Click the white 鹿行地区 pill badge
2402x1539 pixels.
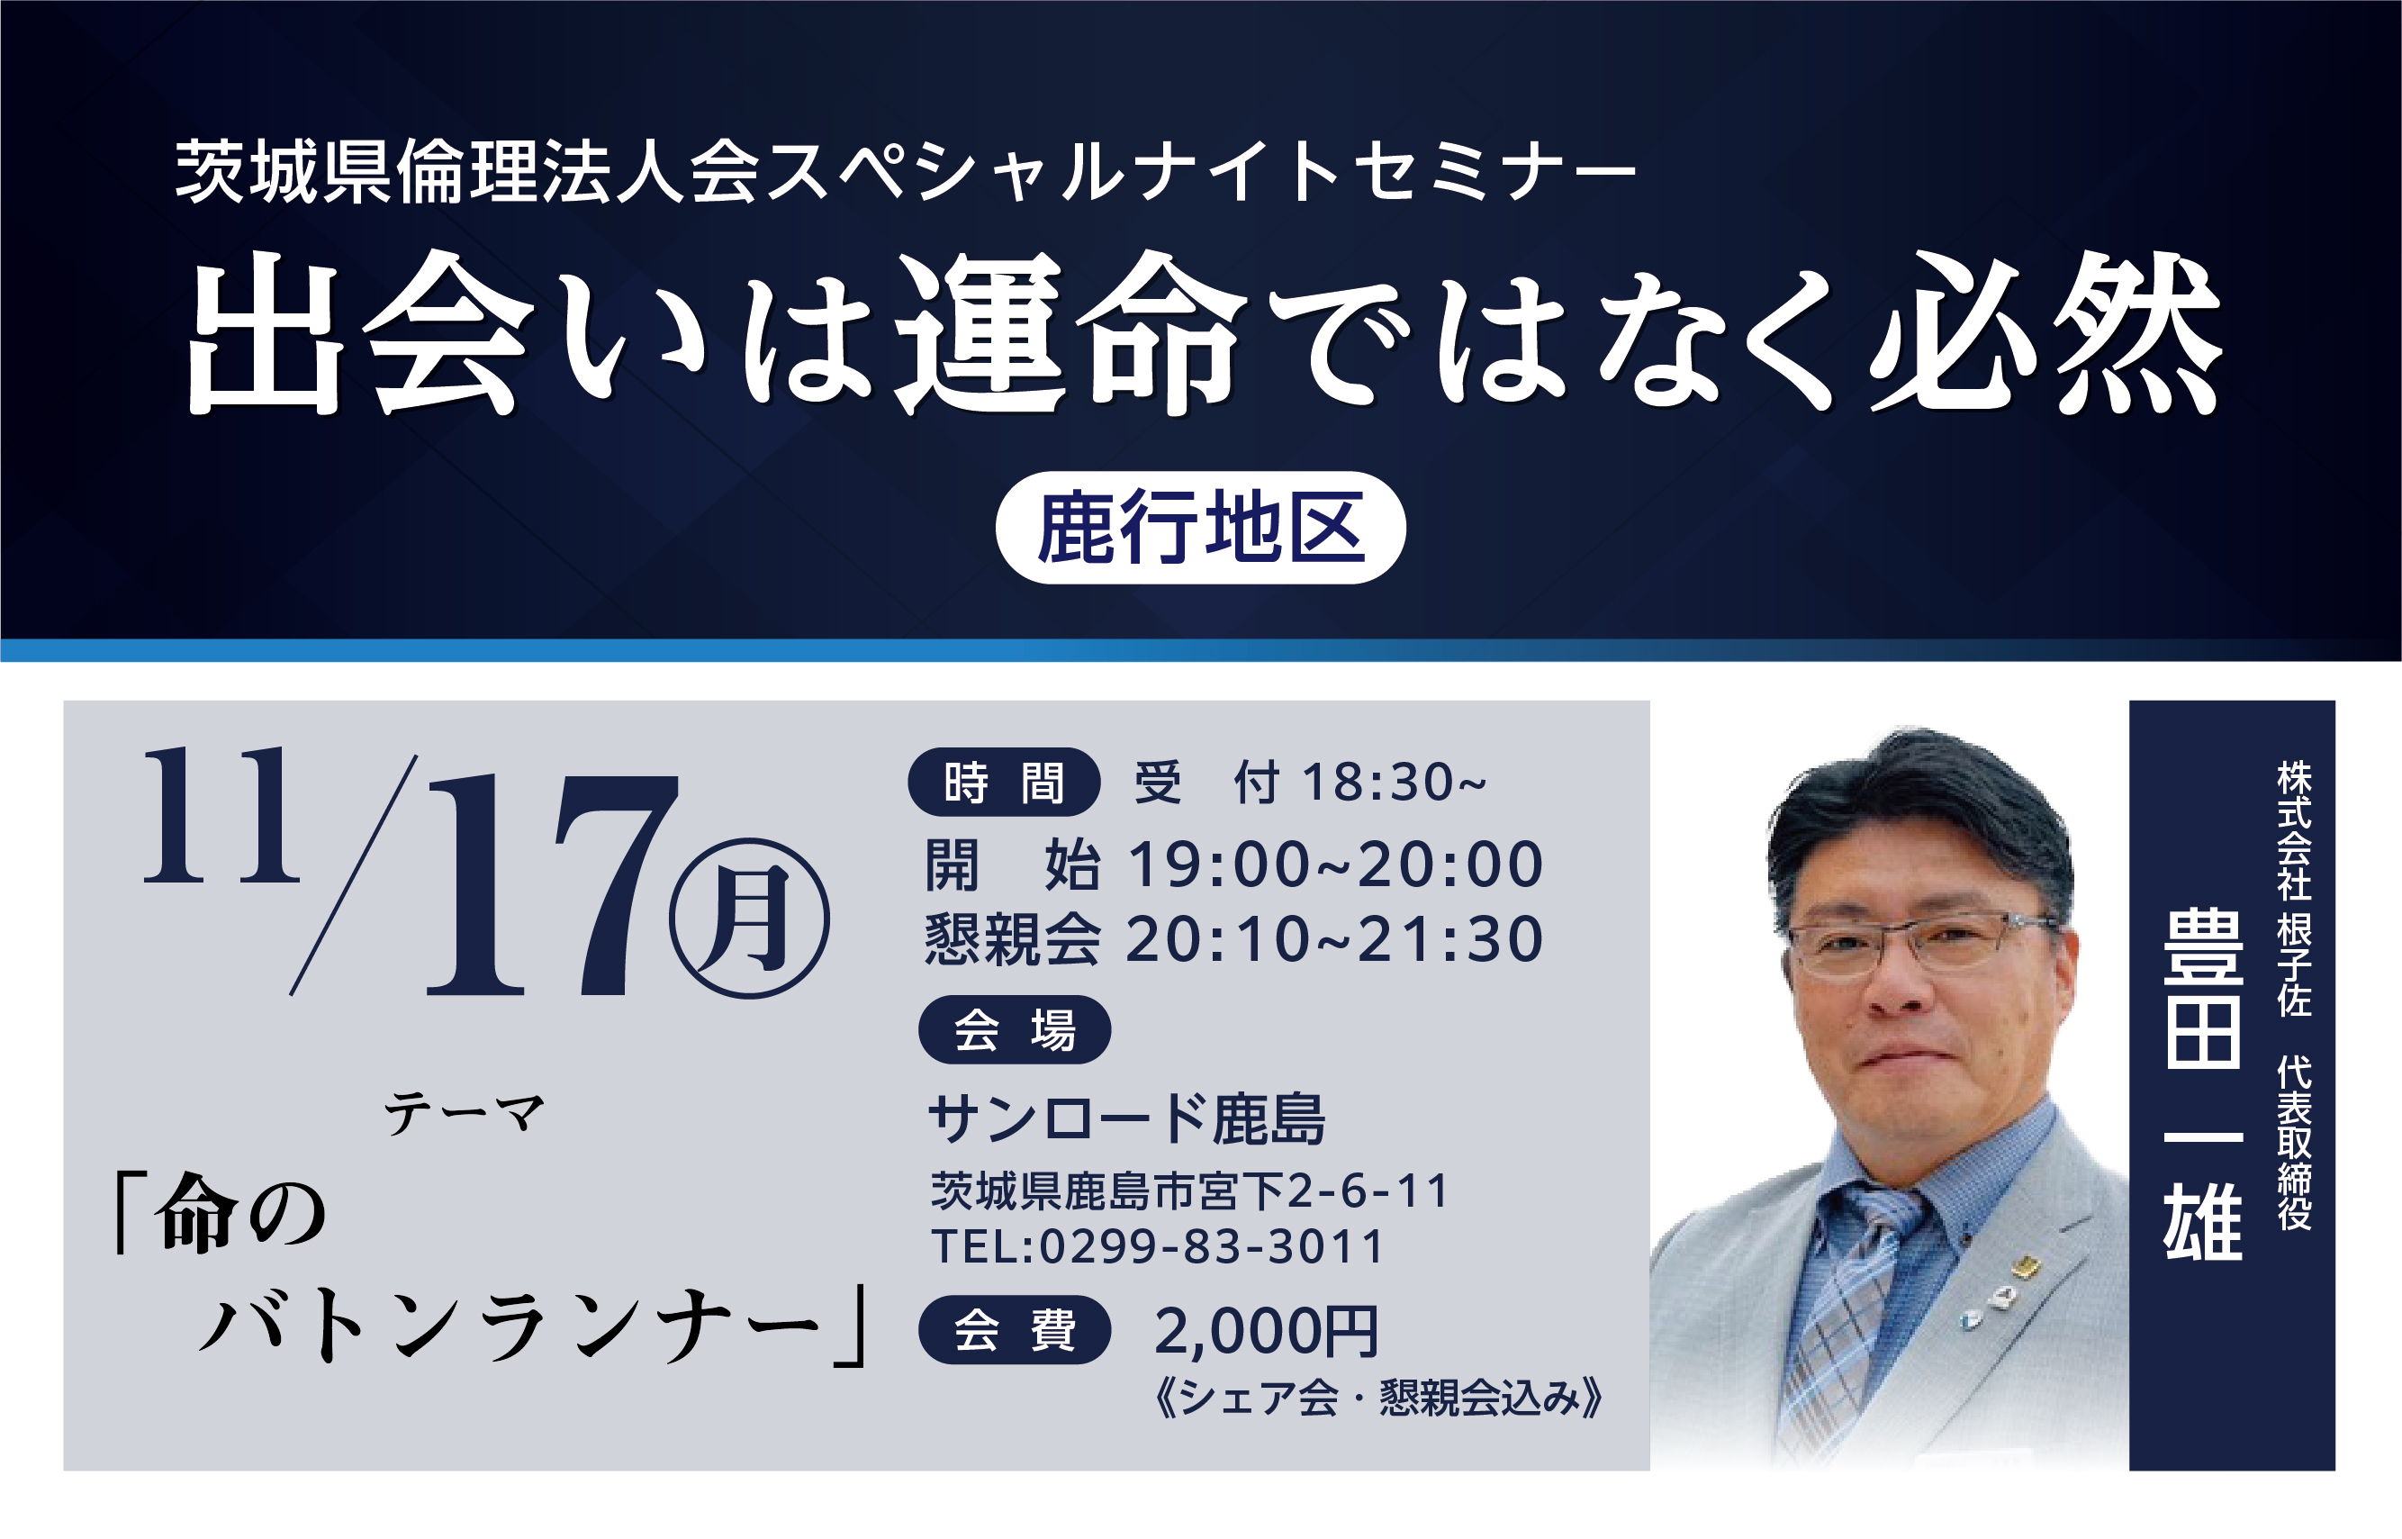1200,528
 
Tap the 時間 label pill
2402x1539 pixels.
1003,782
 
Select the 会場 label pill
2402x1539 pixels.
1014,1029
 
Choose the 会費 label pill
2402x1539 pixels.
1014,1329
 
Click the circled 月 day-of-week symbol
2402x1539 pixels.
749,918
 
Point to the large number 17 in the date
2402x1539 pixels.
553,885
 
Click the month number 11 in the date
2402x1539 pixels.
221,814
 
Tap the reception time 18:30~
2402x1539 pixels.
1394,782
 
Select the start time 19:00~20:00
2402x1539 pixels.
1336,865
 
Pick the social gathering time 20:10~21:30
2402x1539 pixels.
1335,939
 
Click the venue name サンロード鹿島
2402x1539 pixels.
1126,1119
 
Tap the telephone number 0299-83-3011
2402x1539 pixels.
1211,1246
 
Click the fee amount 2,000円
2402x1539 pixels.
1266,1331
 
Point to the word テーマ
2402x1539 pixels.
465,1113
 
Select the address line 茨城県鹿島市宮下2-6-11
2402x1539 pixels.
1189,1191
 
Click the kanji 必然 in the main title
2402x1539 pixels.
2046,333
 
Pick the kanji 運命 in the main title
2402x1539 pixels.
1071,333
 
